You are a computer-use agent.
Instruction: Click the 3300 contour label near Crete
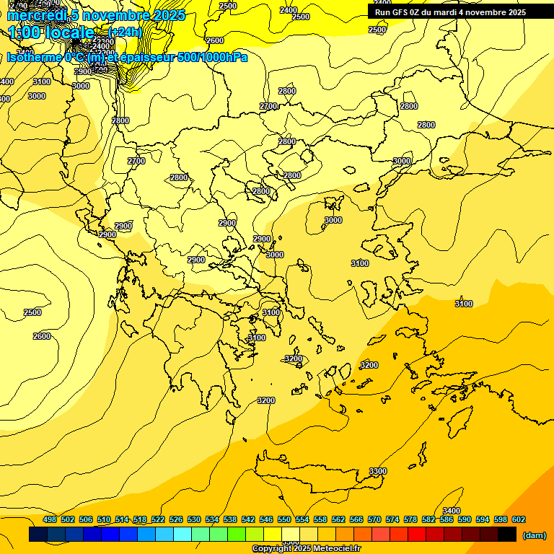point(377,471)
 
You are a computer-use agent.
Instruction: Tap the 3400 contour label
point(452,511)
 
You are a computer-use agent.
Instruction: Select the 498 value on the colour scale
point(50,519)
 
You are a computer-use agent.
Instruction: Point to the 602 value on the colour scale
point(518,519)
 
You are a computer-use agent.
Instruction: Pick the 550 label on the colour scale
point(283,519)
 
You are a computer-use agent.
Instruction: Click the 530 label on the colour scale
point(194,519)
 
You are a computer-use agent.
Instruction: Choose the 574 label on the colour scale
point(392,519)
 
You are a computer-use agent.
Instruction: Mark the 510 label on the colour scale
point(104,519)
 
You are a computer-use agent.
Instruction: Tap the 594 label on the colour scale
point(482,519)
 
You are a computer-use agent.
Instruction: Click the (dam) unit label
point(534,535)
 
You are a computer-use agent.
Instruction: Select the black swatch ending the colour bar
point(507,535)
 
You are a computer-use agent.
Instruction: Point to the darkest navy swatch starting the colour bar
point(38,535)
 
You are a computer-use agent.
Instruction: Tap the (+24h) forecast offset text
point(126,32)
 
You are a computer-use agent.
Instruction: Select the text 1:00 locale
point(52,32)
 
